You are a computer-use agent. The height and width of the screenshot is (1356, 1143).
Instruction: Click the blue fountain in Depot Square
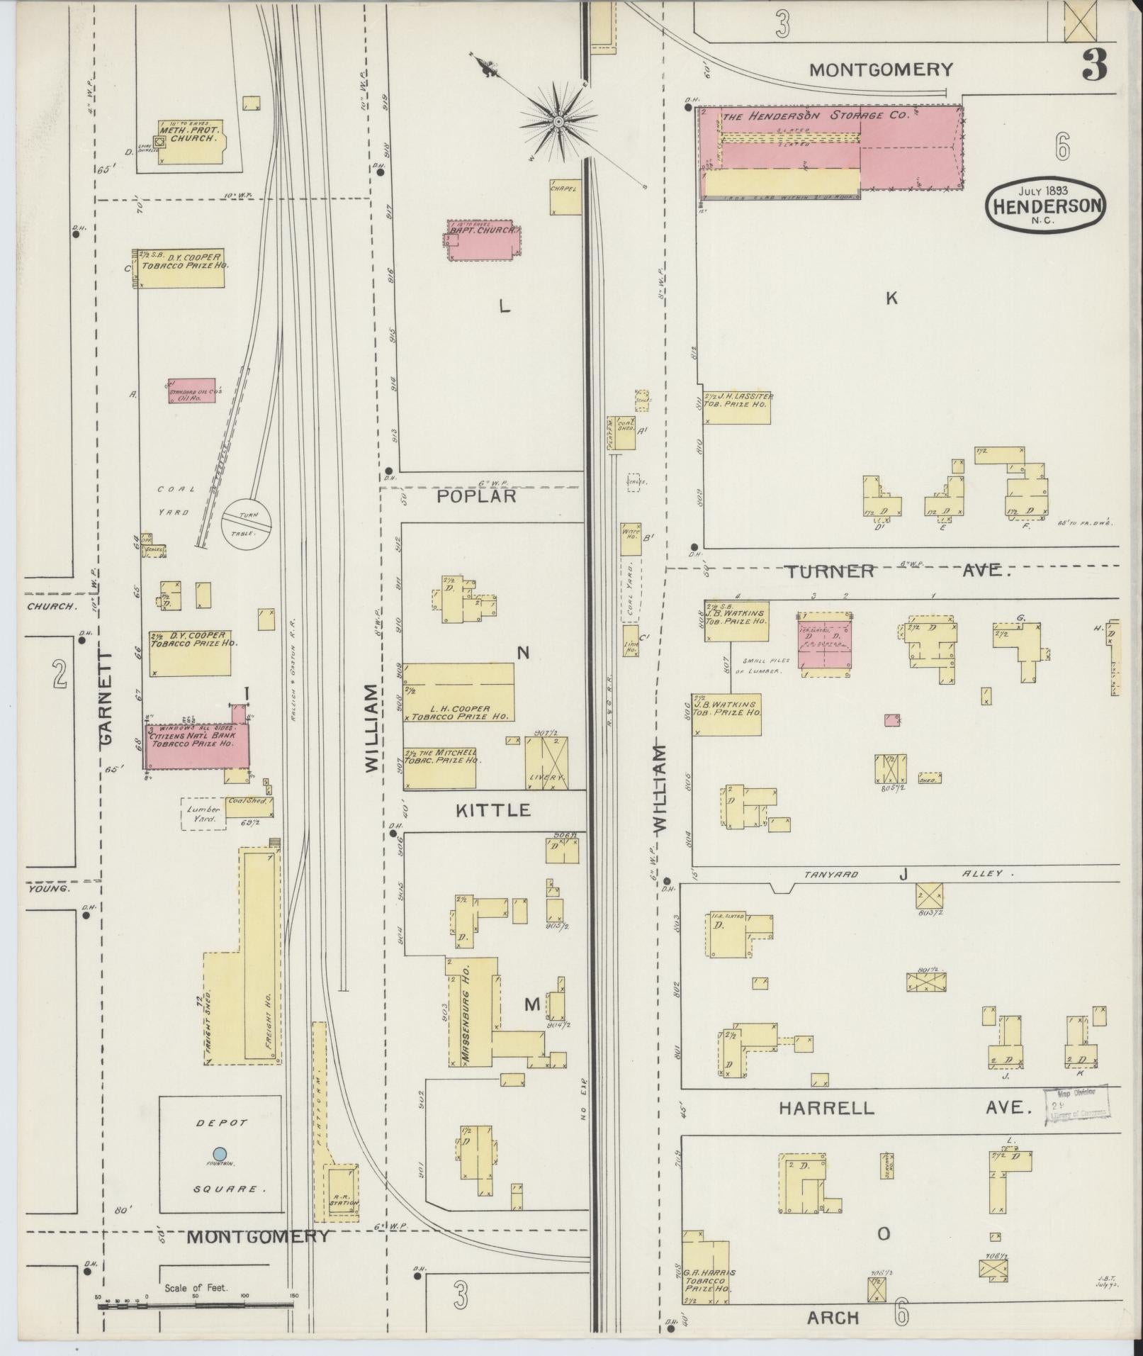click(220, 1153)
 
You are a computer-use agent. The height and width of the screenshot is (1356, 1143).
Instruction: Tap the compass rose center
click(558, 123)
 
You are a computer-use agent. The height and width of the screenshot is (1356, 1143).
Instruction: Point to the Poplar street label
click(476, 496)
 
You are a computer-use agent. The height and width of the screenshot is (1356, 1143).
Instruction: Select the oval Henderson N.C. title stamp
click(1045, 204)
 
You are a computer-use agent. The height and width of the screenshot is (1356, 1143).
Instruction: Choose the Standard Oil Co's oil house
click(191, 391)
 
